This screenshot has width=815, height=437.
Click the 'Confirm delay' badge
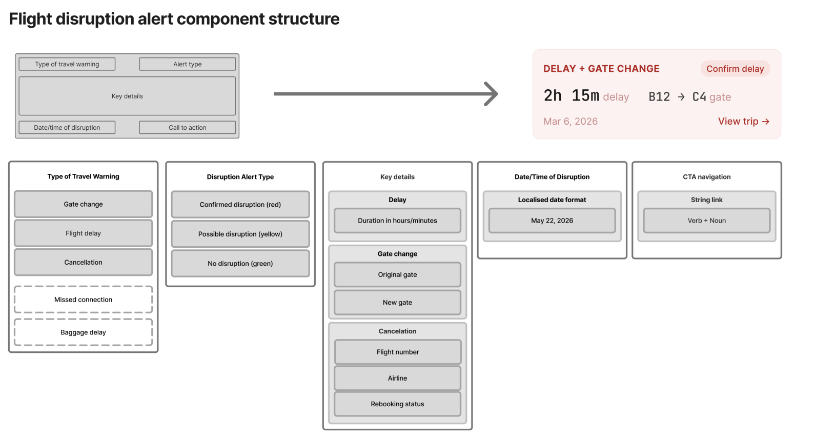[x=735, y=68]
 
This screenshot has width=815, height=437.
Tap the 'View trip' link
[x=744, y=121]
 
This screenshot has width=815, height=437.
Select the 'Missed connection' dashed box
[x=84, y=300]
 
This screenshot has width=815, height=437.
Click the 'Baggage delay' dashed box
[x=84, y=332]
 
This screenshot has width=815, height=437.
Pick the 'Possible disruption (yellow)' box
[x=240, y=234]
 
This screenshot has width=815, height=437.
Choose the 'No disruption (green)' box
[x=240, y=263]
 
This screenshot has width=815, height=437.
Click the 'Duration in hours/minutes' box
[x=397, y=221]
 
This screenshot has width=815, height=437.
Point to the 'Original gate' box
[x=397, y=274]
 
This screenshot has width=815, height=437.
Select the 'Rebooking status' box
[x=397, y=404]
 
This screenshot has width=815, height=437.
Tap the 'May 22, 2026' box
[x=552, y=221]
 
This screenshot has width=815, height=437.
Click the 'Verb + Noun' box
[x=706, y=221]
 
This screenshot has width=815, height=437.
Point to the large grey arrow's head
[x=497, y=94]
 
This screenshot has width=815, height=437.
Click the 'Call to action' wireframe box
[x=188, y=127]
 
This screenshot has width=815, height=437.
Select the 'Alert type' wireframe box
[x=188, y=64]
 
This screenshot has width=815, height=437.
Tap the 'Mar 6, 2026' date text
[x=570, y=121]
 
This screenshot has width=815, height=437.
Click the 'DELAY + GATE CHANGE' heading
[x=601, y=68]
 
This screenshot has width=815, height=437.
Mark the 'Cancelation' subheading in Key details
[x=397, y=331]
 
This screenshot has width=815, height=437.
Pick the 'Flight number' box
[x=398, y=352]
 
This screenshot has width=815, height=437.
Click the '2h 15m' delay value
[x=571, y=96]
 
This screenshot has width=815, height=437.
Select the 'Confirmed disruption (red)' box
[x=240, y=204]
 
